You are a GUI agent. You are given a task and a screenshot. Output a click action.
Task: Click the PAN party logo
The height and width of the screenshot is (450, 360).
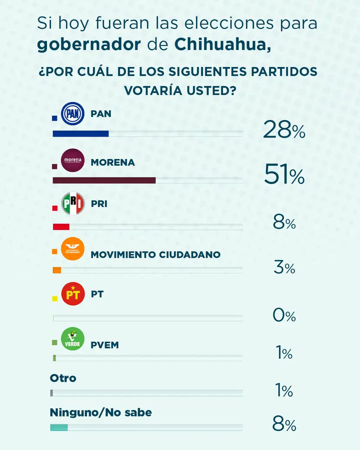[x=73, y=114]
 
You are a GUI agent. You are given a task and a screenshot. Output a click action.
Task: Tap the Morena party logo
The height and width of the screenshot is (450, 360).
[x=73, y=160]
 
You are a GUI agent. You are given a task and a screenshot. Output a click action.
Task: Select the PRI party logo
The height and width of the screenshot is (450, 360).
[x=73, y=203]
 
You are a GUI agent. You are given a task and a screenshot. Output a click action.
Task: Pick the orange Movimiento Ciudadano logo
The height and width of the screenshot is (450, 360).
[x=73, y=249]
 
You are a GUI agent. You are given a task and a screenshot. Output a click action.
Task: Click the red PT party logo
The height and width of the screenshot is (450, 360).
[x=73, y=294]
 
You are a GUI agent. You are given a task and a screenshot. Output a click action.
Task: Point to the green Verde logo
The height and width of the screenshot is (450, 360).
[x=73, y=339]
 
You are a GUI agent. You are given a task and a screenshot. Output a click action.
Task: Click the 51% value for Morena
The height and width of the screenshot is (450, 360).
[x=284, y=176]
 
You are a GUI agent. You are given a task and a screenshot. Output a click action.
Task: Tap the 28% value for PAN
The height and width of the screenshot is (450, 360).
[x=284, y=130]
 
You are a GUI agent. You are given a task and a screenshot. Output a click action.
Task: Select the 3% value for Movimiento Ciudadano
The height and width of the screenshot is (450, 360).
[x=284, y=268]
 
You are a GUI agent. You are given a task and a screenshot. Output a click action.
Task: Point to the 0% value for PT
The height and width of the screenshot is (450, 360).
[x=284, y=315]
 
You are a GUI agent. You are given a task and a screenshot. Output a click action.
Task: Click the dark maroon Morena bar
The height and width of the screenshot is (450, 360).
[x=104, y=180]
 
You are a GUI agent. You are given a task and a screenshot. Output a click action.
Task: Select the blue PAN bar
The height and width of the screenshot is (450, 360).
[x=80, y=134]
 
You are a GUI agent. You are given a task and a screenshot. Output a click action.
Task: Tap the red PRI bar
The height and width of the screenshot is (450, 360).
[x=61, y=227]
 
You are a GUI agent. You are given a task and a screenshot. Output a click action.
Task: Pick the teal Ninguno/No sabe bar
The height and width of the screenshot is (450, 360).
[x=59, y=427]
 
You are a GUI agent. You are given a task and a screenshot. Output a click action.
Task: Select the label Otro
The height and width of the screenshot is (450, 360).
[x=63, y=378]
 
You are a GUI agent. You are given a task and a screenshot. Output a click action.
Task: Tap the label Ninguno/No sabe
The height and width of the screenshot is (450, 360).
[x=101, y=412]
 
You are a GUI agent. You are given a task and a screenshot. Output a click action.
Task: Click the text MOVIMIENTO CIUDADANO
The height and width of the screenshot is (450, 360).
[x=156, y=255]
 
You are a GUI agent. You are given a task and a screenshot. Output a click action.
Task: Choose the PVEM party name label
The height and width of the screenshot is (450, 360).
[x=105, y=345]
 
